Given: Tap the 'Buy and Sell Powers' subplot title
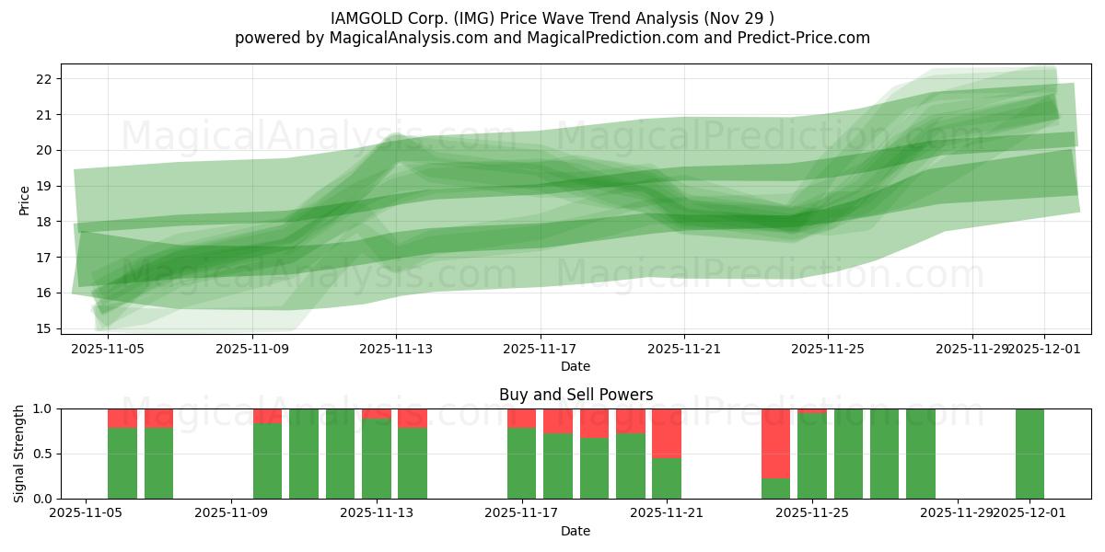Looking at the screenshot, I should pyautogui.click(x=576, y=395).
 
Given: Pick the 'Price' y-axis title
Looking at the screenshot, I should pyautogui.click(x=24, y=200).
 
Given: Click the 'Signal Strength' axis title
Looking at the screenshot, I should pyautogui.click(x=19, y=454).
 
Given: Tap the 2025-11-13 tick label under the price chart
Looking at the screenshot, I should pyautogui.click(x=396, y=349).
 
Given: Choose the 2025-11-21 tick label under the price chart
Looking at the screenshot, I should pyautogui.click(x=684, y=349).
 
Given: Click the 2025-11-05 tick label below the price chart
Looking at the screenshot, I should pyautogui.click(x=108, y=349).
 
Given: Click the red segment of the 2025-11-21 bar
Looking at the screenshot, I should pyautogui.click(x=667, y=432).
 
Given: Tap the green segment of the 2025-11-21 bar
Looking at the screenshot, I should pyautogui.click(x=667, y=478).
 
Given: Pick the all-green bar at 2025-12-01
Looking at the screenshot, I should pyautogui.click(x=1029, y=454).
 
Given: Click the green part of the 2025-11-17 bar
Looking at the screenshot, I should pyautogui.click(x=522, y=464).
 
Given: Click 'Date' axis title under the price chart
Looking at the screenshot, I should pyautogui.click(x=576, y=366).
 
